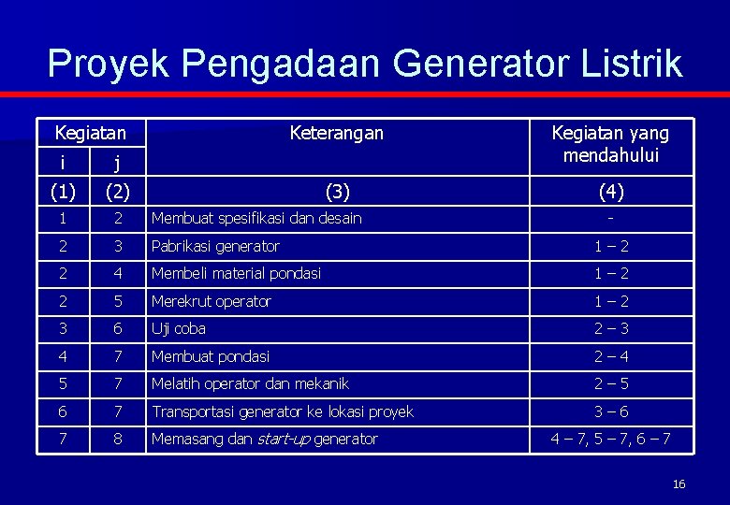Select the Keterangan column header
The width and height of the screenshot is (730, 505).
click(x=336, y=133)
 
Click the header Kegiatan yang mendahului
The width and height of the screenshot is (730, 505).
click(x=611, y=143)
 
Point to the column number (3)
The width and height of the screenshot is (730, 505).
click(x=336, y=192)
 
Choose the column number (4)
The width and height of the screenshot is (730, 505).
click(x=611, y=192)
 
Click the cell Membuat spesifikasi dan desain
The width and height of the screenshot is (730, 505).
click(x=256, y=219)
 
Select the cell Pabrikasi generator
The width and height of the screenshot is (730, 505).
click(x=215, y=246)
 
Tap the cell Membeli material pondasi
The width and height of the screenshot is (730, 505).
click(x=236, y=273)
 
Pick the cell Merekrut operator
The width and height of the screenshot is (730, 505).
click(x=211, y=301)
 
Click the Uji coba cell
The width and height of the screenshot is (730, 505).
click(x=179, y=328)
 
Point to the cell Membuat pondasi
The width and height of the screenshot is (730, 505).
click(x=211, y=356)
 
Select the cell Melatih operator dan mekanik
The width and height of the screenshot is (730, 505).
click(x=250, y=383)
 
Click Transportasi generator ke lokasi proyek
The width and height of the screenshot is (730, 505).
click(x=282, y=411)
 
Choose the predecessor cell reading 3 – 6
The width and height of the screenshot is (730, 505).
click(x=611, y=411)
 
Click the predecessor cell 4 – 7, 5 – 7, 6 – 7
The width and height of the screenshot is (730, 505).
click(x=611, y=439)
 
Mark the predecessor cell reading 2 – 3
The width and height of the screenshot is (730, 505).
click(x=611, y=328)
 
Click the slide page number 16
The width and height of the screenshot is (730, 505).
click(x=679, y=483)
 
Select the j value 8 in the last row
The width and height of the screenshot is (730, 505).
click(x=117, y=439)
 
